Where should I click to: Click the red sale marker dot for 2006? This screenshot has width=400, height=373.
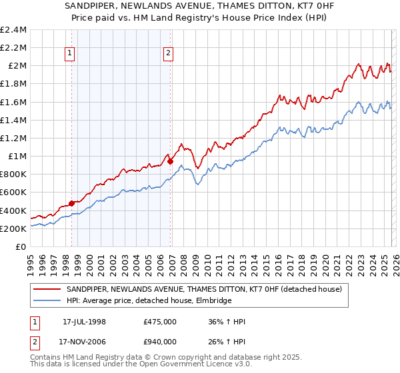pos(171,161)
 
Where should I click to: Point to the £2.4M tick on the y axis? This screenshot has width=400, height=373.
pos(14,30)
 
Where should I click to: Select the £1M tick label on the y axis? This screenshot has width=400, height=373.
pos(17,157)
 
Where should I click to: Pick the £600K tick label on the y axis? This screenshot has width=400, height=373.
pos(14,192)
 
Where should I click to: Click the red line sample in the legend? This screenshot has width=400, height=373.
pos(47,290)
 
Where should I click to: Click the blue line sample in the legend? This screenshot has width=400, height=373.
pos(47,301)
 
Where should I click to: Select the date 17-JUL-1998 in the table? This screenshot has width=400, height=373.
pos(85,322)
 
